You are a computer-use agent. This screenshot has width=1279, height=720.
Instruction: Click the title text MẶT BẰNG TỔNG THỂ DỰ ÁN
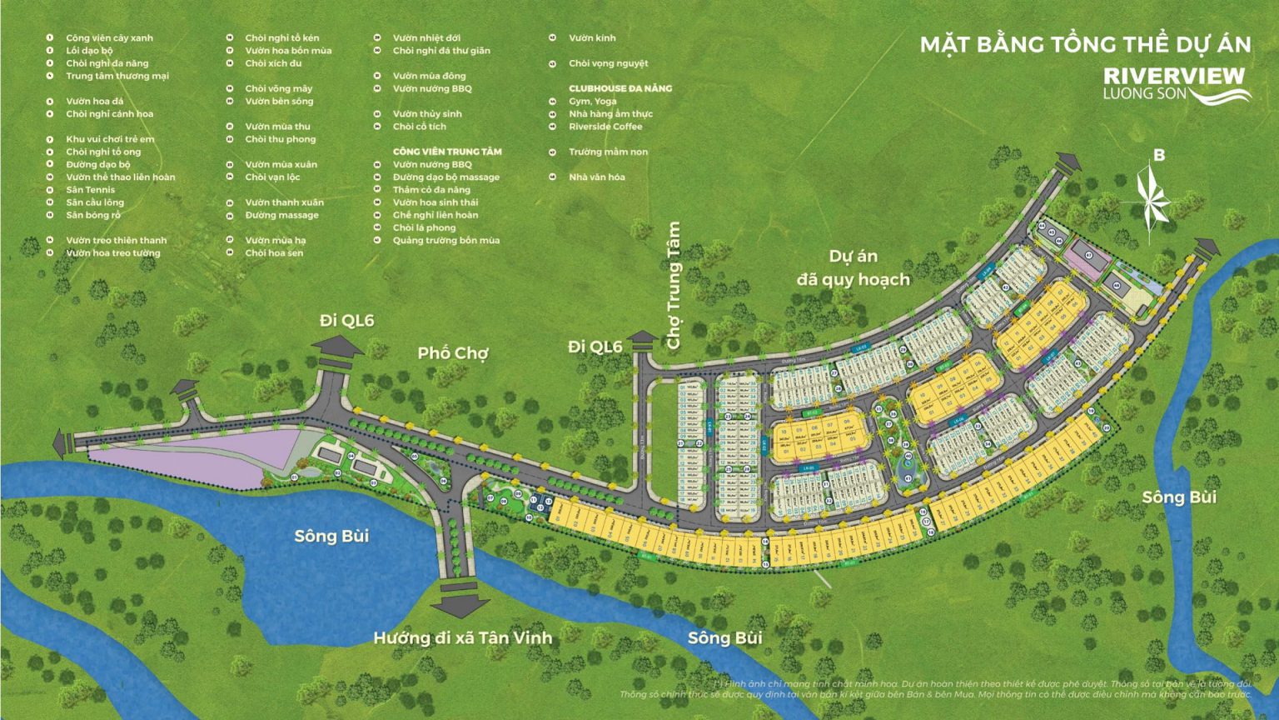[x=1085, y=44]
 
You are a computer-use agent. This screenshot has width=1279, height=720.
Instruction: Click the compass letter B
[x=1158, y=155]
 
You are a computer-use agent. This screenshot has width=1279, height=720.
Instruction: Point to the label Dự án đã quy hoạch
[x=853, y=267]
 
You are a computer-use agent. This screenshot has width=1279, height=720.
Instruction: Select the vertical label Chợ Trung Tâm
[x=674, y=285]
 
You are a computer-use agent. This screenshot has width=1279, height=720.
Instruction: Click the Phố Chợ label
[x=453, y=353]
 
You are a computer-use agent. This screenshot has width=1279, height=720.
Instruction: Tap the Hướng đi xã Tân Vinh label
[x=462, y=638]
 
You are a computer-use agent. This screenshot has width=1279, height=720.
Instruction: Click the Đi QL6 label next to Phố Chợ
[x=346, y=321]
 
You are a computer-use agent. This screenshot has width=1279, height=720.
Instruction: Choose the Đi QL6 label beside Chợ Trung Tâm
[x=595, y=347]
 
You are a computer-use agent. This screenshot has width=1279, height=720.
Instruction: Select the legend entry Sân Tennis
[x=90, y=190]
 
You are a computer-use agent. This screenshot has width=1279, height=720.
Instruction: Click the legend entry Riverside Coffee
[x=605, y=127]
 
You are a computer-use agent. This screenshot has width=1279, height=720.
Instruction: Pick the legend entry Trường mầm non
[x=608, y=152]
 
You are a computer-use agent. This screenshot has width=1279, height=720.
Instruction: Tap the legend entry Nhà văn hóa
[x=596, y=177]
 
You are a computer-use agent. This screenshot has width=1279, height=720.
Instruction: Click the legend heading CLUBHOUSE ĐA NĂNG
[x=620, y=88]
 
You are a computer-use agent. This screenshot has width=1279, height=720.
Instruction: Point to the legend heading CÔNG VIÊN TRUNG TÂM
[x=447, y=152]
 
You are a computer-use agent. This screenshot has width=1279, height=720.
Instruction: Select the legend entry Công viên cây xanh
[x=109, y=38]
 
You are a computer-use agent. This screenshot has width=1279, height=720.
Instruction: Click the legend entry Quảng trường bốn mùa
[x=445, y=241]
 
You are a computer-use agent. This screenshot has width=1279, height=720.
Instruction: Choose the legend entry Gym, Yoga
[x=592, y=102]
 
